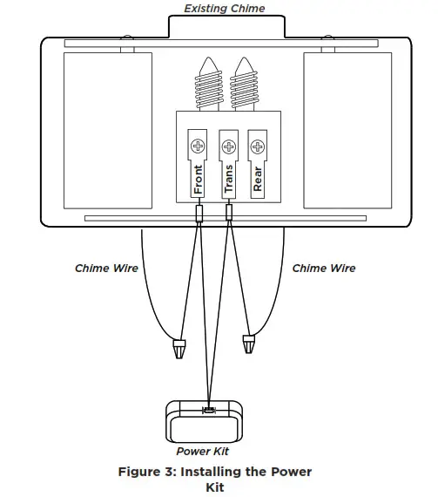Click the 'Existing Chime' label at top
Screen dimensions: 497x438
(x=224, y=9)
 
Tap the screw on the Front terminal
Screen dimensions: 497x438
(x=199, y=144)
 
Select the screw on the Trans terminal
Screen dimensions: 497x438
(x=228, y=144)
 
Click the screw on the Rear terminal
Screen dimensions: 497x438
(x=258, y=144)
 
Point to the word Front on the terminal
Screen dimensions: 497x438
(x=199, y=179)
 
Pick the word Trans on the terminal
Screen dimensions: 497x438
(x=228, y=179)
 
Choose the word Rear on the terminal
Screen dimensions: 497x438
(x=258, y=179)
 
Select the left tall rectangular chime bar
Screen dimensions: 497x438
(x=107, y=130)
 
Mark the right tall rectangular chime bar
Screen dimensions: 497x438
(x=344, y=130)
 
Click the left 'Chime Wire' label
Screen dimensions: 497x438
(x=107, y=269)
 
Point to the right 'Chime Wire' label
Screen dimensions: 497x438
(x=323, y=269)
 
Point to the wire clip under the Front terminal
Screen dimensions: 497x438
(x=199, y=214)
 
